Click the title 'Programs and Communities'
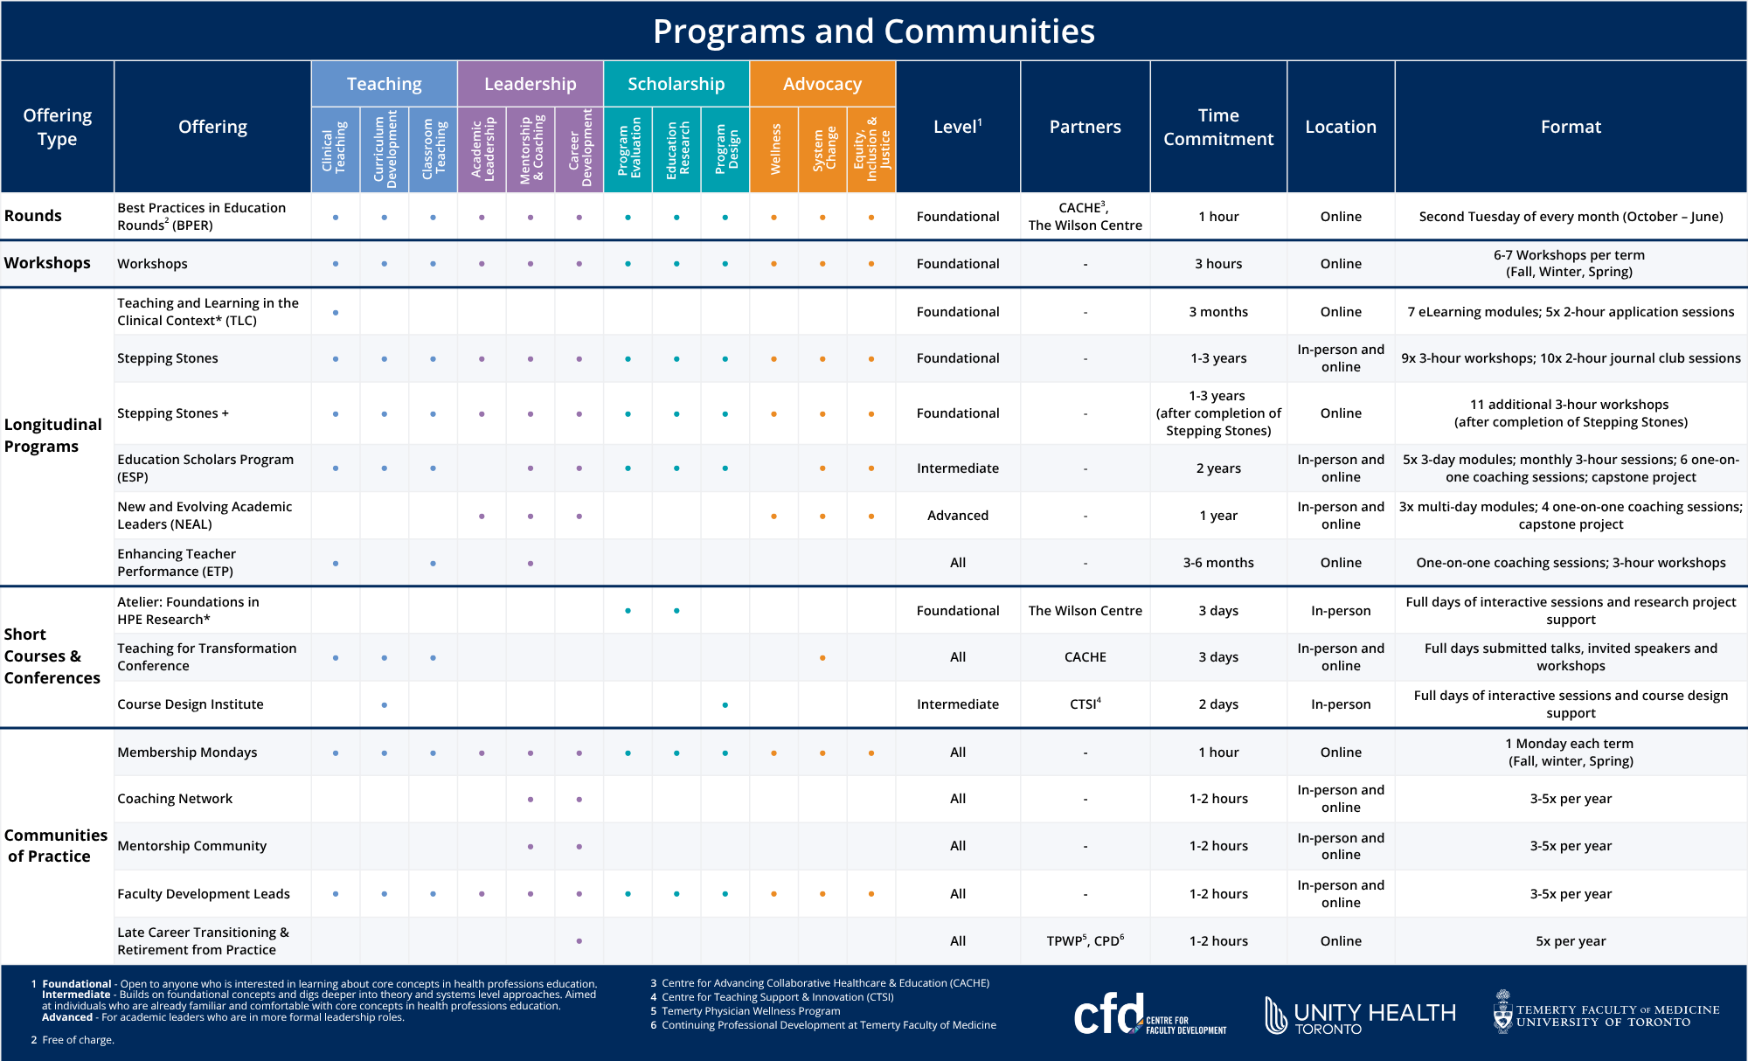point(873,31)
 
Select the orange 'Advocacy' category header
point(822,84)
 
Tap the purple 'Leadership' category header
point(530,84)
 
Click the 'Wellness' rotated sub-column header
point(774,149)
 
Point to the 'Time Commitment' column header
point(1218,127)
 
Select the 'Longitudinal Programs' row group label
point(52,435)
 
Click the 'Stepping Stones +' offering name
point(173,413)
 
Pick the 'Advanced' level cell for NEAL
point(958,516)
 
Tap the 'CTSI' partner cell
point(1085,704)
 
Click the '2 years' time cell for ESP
point(1218,468)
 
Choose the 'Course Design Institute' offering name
point(191,704)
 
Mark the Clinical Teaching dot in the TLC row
point(336,312)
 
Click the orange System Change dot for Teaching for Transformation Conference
point(822,658)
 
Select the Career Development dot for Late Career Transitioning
point(579,941)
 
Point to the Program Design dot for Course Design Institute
point(725,705)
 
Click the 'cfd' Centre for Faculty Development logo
point(1148,1015)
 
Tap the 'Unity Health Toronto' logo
point(1360,1016)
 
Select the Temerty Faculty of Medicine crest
point(1502,1012)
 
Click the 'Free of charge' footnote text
point(79,1040)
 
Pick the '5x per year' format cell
point(1571,941)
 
